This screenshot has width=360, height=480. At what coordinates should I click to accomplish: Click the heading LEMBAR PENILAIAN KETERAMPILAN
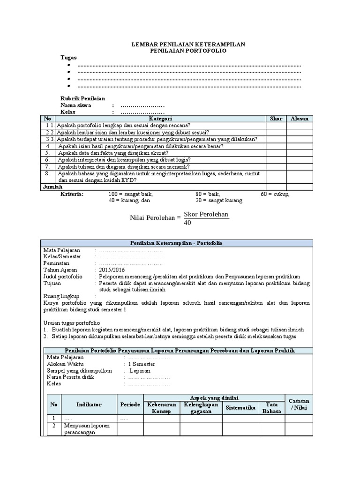(187, 44)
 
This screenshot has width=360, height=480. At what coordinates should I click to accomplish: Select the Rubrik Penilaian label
(82, 98)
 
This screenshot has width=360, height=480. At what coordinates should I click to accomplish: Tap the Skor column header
(276, 119)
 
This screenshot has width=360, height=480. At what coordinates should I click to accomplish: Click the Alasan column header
(300, 119)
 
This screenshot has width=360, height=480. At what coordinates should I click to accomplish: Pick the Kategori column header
(161, 119)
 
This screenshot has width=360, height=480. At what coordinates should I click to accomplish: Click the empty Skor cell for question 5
(276, 153)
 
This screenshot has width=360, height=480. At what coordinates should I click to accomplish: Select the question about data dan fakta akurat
(113, 153)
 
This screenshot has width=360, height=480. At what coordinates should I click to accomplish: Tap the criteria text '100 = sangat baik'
(130, 194)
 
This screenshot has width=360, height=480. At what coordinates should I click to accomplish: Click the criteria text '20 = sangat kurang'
(219, 200)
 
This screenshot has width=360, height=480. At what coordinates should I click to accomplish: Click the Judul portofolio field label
(63, 277)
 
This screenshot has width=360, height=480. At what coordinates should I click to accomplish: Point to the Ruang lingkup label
(61, 296)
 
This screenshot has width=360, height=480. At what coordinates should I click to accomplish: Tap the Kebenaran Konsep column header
(162, 408)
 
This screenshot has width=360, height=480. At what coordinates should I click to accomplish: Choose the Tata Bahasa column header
(272, 408)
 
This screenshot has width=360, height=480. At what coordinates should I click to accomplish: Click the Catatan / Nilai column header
(299, 404)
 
